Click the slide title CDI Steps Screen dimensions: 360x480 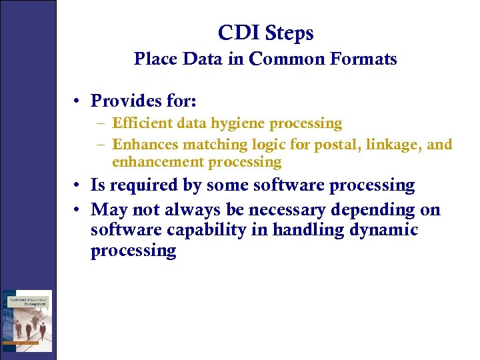tap(265, 33)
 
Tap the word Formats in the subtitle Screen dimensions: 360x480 tap(365, 59)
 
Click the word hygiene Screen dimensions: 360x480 tap(237, 124)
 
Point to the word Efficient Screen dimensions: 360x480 tap(137, 123)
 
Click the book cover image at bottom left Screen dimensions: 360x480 tap(27, 320)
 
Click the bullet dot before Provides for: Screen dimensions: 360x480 tap(78, 101)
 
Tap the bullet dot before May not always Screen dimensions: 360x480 tap(78, 210)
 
